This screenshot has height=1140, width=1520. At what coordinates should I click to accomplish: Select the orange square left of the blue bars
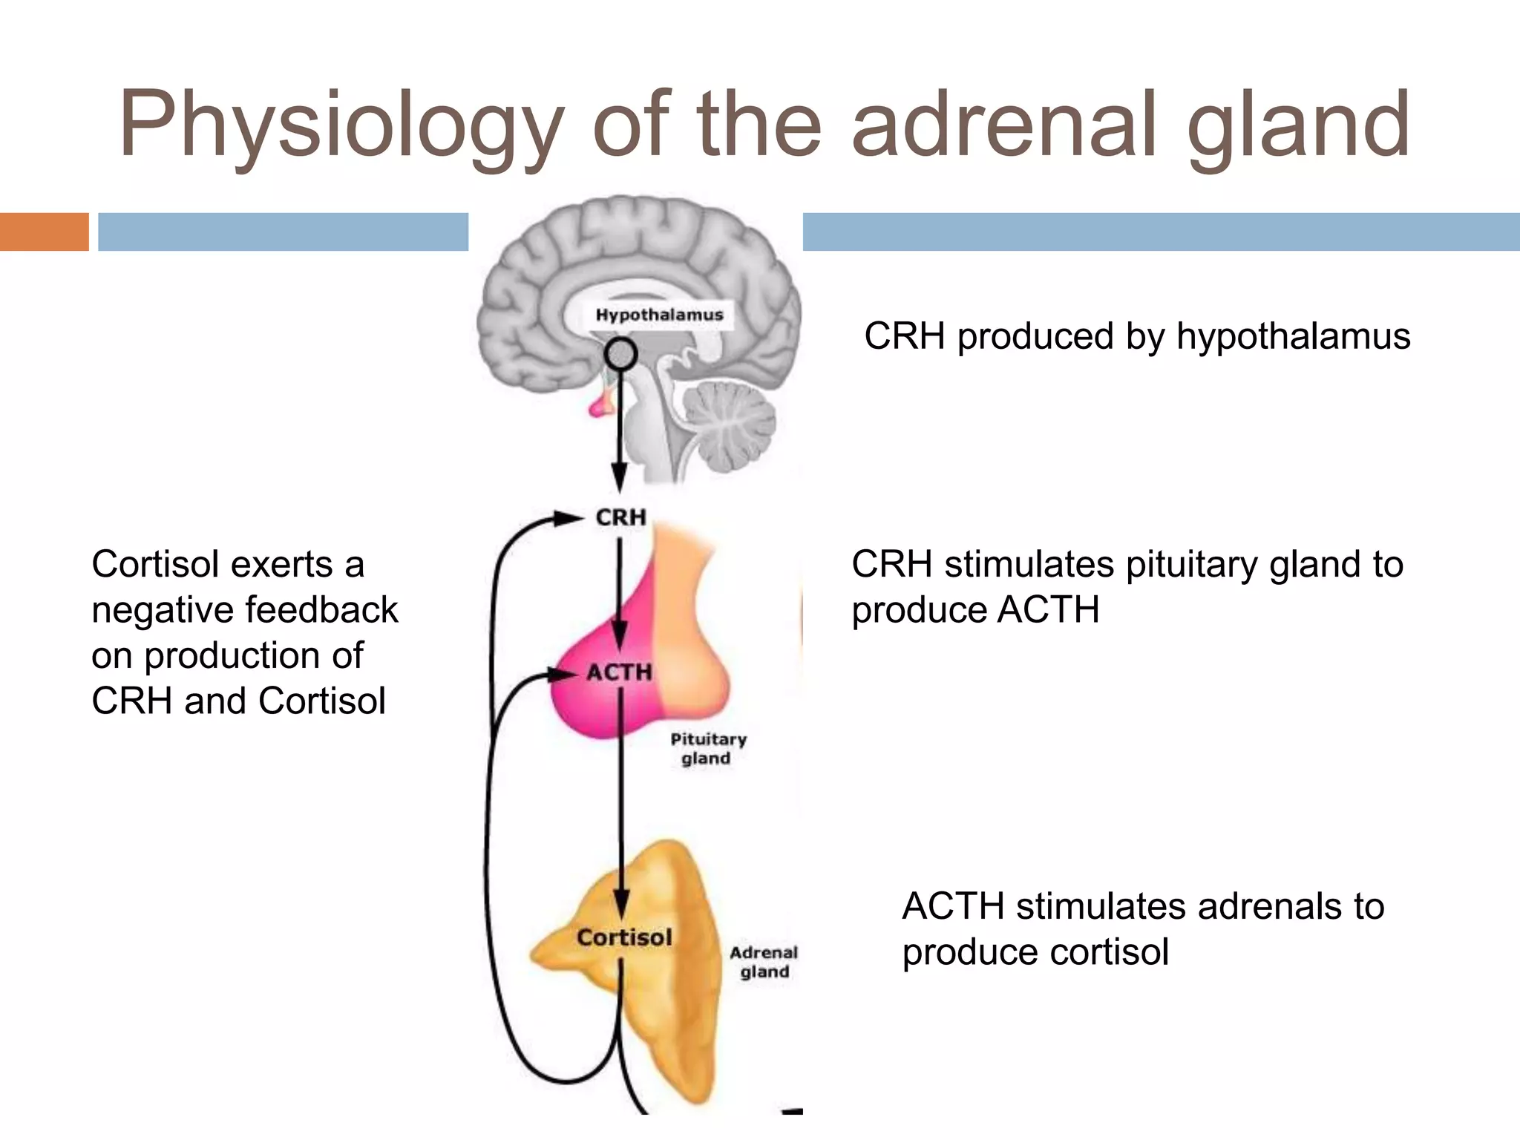[44, 232]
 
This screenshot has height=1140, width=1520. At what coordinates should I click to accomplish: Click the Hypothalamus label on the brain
[659, 315]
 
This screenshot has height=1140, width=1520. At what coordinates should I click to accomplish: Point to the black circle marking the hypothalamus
[620, 355]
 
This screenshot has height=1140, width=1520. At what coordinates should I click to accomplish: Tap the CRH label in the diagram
[621, 517]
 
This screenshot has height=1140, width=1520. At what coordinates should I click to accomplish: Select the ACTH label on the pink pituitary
[620, 672]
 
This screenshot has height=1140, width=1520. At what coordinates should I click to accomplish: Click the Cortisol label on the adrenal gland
[624, 937]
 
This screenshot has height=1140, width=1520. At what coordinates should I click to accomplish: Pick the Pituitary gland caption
[708, 748]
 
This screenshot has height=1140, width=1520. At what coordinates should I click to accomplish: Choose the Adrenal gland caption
[764, 962]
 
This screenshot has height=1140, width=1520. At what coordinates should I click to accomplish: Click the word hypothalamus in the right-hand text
[1293, 336]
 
